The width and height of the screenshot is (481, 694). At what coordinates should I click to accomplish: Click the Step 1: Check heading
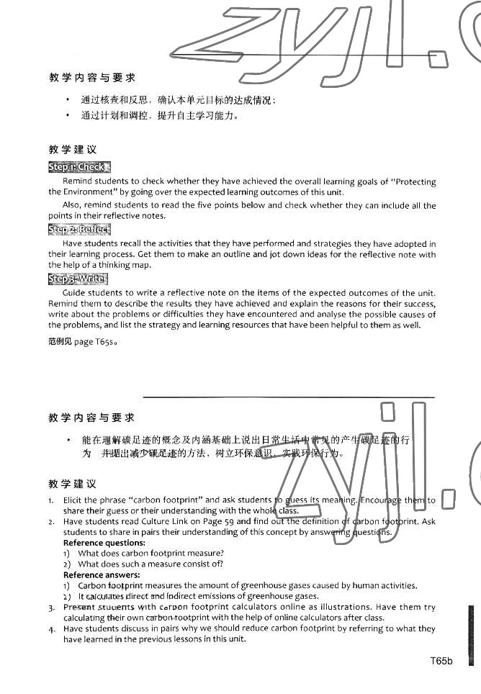click(79, 167)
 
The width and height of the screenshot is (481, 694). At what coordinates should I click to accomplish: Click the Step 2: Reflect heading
click(79, 230)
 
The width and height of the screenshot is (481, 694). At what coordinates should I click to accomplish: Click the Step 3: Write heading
click(78, 279)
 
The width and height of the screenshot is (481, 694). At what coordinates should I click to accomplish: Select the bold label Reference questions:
click(104, 542)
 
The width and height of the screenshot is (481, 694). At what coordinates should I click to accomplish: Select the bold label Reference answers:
click(102, 574)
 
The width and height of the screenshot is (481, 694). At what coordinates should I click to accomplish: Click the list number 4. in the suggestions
click(52, 628)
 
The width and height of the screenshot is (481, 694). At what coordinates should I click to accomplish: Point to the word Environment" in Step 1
click(91, 192)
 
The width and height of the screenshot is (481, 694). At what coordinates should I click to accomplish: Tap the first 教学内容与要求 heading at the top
click(91, 78)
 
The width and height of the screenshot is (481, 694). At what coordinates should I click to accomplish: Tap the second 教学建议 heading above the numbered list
click(72, 484)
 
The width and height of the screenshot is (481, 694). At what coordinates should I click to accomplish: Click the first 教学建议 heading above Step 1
click(72, 150)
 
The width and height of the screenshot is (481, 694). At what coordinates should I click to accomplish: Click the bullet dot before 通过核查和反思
click(68, 100)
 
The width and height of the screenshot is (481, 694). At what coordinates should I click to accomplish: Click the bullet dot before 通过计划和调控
click(68, 115)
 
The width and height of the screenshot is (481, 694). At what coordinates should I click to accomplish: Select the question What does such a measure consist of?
click(150, 564)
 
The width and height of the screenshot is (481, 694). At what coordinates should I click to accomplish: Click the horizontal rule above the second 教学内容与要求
click(289, 397)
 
